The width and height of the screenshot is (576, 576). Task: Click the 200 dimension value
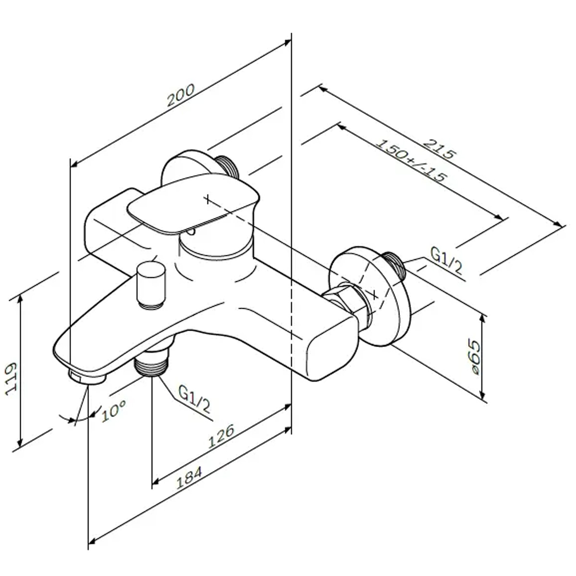click(180, 95)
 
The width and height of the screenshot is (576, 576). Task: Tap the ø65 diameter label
click(474, 357)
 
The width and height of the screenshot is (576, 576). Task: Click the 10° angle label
click(114, 410)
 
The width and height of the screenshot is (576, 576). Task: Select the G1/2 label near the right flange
click(446, 260)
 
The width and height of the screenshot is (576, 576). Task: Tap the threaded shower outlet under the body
click(152, 364)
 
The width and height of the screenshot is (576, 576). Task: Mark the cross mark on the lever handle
click(207, 199)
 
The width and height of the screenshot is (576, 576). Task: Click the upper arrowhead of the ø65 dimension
click(482, 319)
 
